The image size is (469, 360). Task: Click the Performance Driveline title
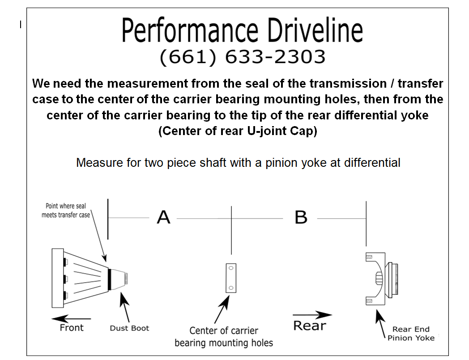[x=242, y=30]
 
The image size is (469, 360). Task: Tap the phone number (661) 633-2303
[x=242, y=57]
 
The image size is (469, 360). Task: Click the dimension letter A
[x=163, y=217]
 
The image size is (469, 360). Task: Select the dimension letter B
[x=301, y=217]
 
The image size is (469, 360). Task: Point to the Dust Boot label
[x=129, y=328]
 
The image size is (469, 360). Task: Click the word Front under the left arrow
[x=72, y=328]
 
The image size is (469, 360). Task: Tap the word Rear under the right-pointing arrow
[x=309, y=325]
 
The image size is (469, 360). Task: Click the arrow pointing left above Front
[x=71, y=319]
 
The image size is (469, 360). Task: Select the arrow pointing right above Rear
[x=312, y=315]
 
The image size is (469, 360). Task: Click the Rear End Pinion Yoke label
[x=411, y=334]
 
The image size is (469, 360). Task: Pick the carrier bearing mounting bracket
[x=231, y=278]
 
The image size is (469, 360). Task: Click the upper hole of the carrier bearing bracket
[x=231, y=269]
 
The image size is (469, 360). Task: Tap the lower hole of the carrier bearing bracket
[x=231, y=287]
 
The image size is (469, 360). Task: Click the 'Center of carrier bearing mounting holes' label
[x=224, y=337]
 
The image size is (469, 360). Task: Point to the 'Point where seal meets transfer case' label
[x=66, y=210]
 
